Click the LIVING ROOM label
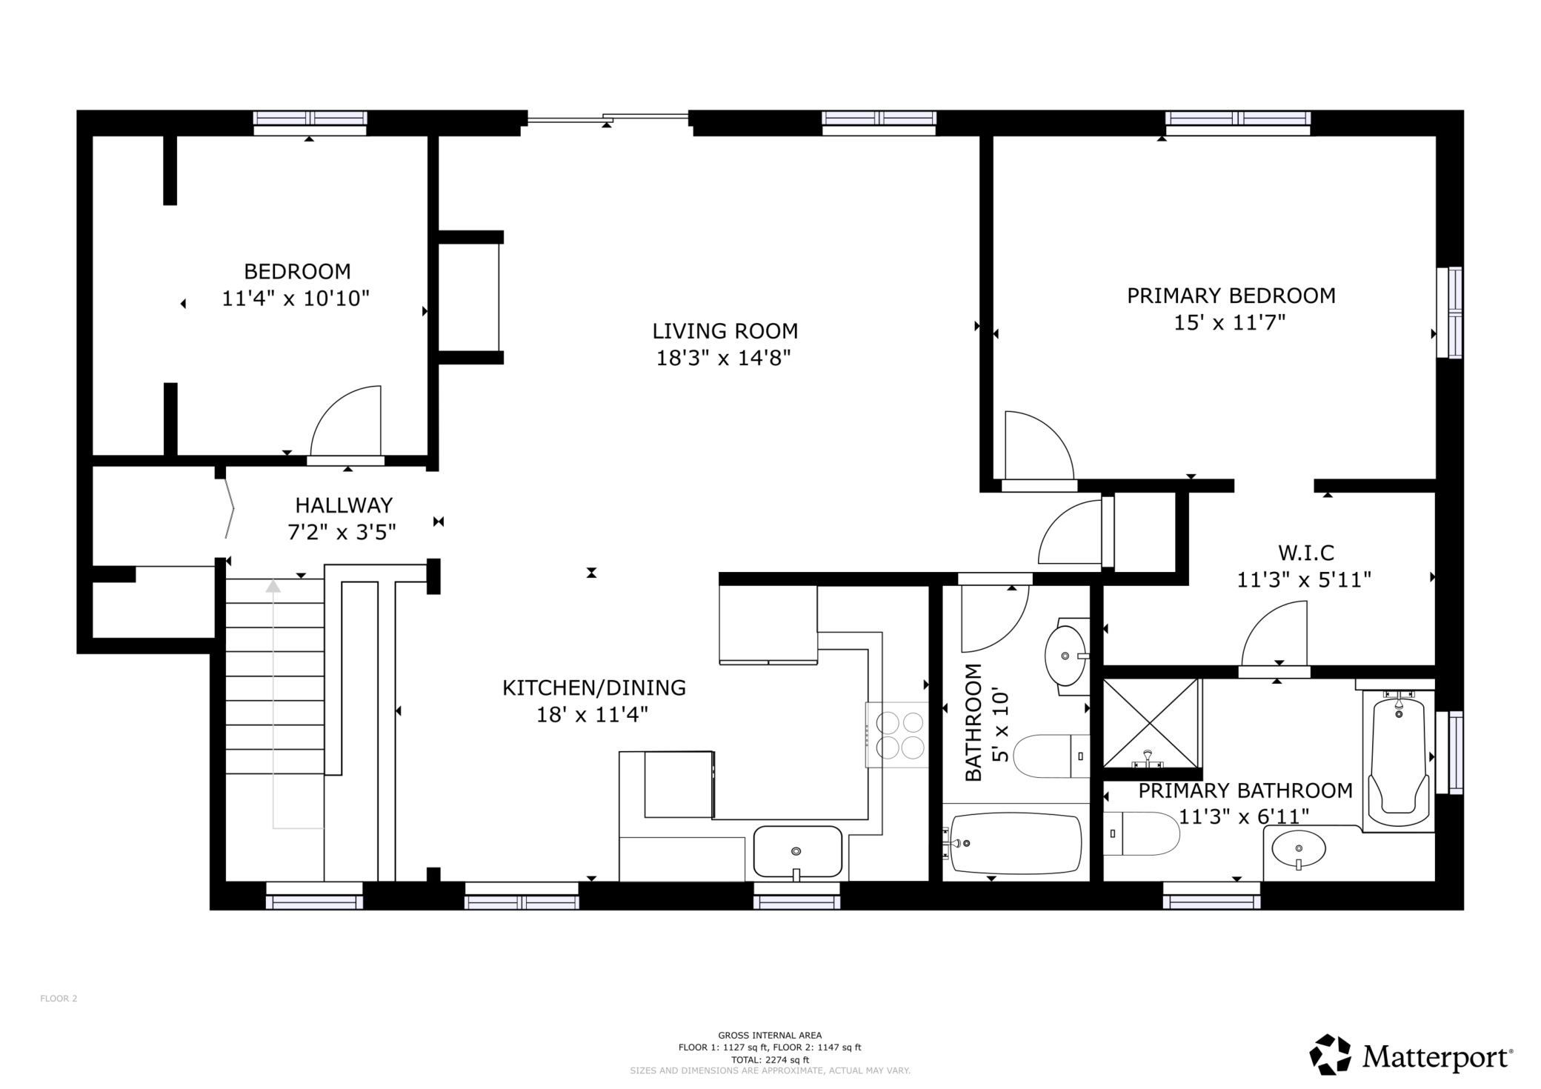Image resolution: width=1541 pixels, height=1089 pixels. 725,331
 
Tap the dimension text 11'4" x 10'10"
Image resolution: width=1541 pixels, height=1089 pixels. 296,299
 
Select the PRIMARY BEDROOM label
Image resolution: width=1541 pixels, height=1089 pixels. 1231,296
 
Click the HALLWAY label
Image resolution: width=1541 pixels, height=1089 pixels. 344,505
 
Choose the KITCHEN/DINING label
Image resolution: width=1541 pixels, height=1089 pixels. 594,688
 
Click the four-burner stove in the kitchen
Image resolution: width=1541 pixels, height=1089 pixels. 897,734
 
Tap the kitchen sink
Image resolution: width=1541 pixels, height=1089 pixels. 798,852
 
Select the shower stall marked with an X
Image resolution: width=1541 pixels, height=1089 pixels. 1151,723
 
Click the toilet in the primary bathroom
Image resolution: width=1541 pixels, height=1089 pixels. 1141,833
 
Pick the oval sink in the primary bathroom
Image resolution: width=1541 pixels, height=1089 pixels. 1299,849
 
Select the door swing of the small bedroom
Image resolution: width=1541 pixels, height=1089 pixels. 346,421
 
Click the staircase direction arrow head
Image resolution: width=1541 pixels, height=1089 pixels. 273,586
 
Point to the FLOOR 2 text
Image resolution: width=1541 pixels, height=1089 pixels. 59,999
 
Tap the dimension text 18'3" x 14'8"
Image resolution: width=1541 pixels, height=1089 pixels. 724,359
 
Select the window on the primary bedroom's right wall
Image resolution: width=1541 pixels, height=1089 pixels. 1450,313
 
